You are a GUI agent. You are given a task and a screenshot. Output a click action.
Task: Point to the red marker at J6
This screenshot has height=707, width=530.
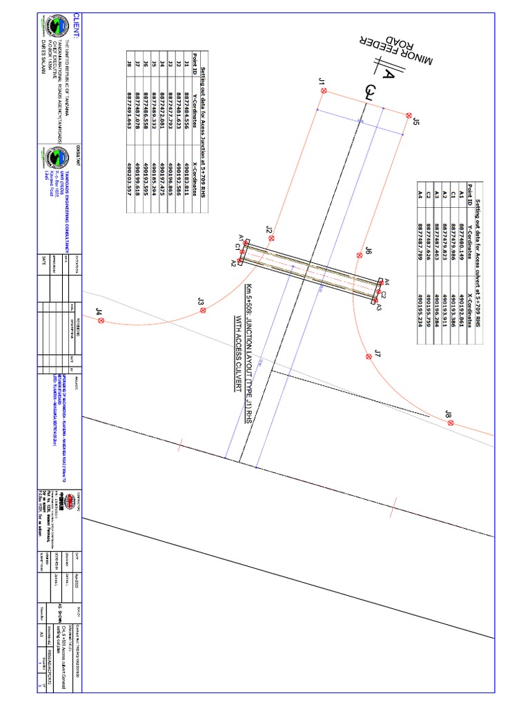pyautogui.click(x=359, y=255)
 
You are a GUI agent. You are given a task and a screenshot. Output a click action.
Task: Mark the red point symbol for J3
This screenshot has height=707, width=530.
pyautogui.click(x=204, y=311)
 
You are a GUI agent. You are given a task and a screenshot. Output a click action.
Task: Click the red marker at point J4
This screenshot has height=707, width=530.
pyautogui.click(x=101, y=321)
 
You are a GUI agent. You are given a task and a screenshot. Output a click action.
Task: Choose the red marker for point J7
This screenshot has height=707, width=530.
pyautogui.click(x=368, y=356)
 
